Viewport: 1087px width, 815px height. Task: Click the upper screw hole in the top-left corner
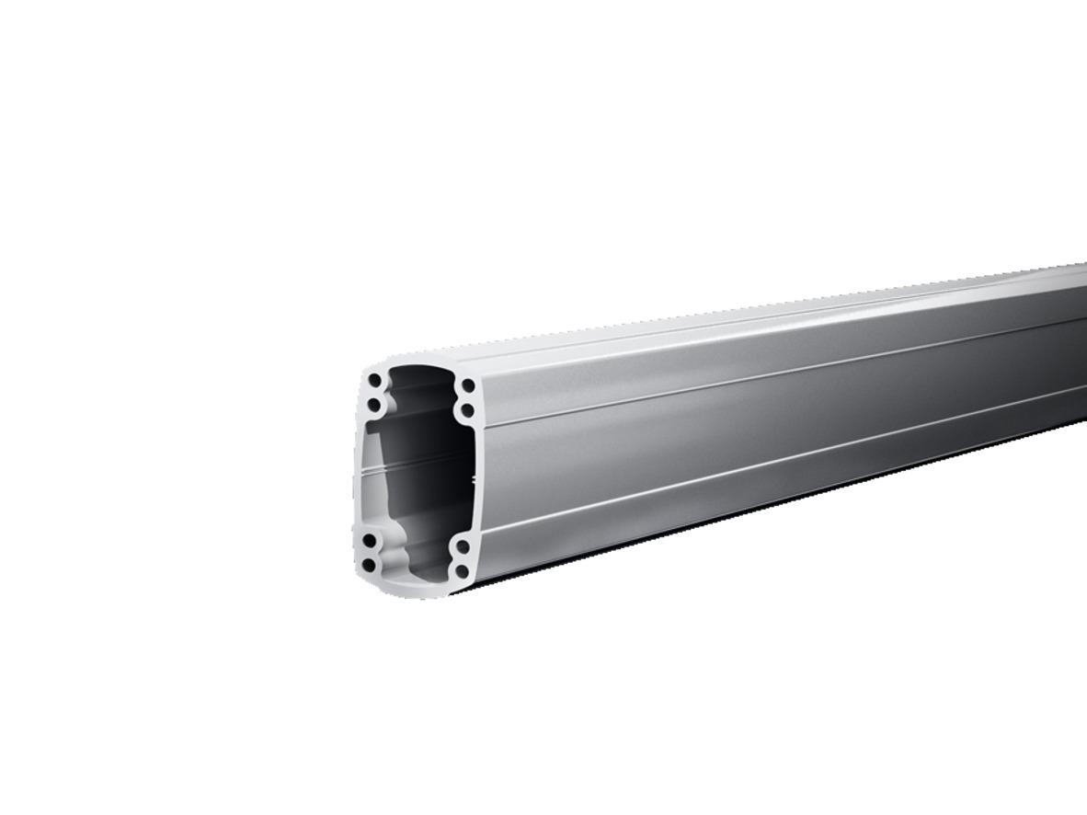pyautogui.click(x=375, y=380)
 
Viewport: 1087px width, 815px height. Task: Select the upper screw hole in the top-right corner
pyautogui.click(x=467, y=385)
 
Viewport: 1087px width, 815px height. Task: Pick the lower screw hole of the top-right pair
pyautogui.click(x=466, y=410)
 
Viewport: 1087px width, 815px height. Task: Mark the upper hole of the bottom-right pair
pyautogui.click(x=463, y=547)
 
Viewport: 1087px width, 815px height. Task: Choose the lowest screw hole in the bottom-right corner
pyautogui.click(x=462, y=571)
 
